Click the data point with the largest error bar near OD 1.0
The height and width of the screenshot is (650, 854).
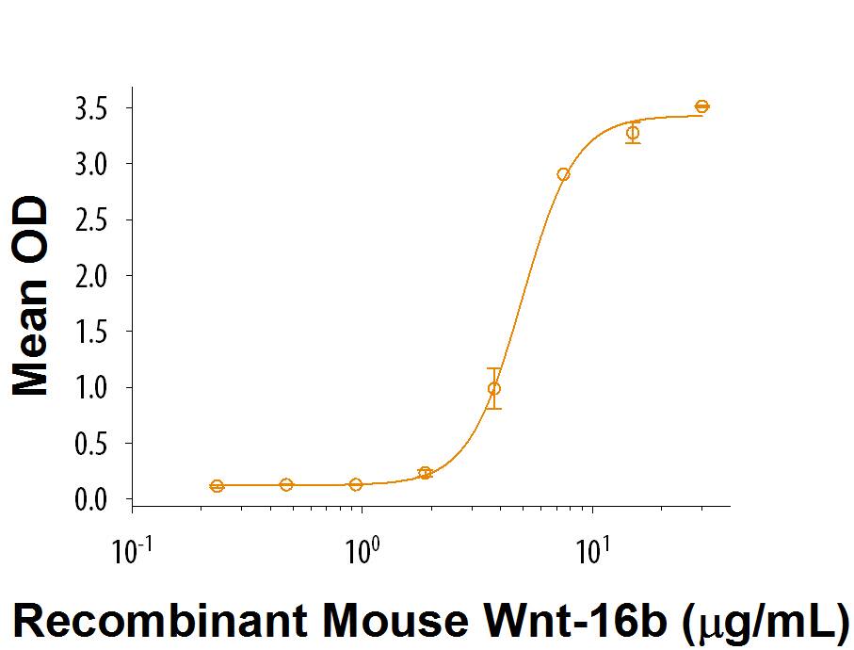coord(494,388)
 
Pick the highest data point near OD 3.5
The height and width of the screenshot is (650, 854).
coord(701,106)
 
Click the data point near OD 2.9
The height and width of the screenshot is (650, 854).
coord(563,174)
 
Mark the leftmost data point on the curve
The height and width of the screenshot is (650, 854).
coord(218,486)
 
